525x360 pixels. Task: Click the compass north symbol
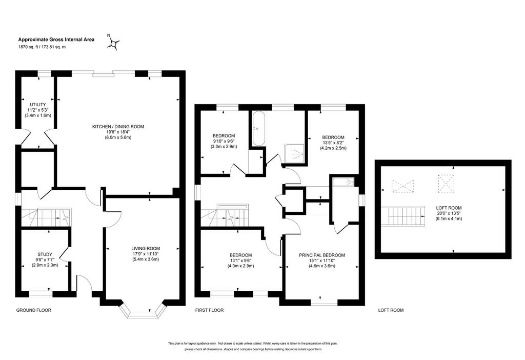click(x=113, y=43)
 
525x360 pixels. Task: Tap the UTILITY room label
click(x=38, y=105)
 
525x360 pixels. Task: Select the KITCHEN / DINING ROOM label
click(x=118, y=127)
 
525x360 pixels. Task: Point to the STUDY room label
click(x=45, y=254)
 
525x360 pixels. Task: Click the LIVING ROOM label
click(x=146, y=249)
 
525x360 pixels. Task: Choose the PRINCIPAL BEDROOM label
click(x=322, y=255)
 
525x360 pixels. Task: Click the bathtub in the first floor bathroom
click(x=259, y=129)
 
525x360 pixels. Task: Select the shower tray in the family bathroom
click(x=295, y=154)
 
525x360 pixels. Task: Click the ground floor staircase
click(x=47, y=217)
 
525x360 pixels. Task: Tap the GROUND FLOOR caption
click(x=34, y=310)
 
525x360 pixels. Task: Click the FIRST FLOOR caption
click(x=209, y=310)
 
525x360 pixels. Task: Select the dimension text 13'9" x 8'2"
click(x=333, y=143)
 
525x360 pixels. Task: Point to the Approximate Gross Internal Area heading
click(x=56, y=39)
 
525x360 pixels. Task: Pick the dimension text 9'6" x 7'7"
click(x=45, y=259)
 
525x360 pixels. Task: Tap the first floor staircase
click(x=226, y=216)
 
